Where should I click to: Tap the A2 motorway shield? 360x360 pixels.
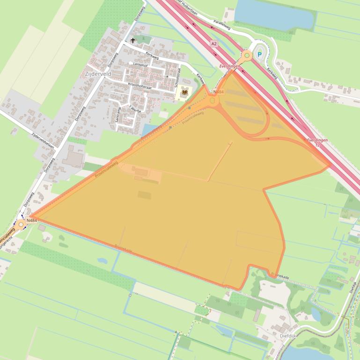214,43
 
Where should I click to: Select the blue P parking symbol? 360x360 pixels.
259,55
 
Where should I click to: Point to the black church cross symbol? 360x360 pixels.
133,41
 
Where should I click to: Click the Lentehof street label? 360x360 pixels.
140,64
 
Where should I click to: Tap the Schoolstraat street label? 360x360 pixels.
179,74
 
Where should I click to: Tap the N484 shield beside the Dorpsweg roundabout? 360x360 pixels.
32,220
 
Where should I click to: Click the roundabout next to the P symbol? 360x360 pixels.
246,56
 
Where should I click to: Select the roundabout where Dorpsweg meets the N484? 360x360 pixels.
21,225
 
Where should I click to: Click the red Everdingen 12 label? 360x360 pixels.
317,143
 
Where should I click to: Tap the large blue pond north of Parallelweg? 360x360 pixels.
274,14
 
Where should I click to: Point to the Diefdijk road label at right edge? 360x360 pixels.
354,286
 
